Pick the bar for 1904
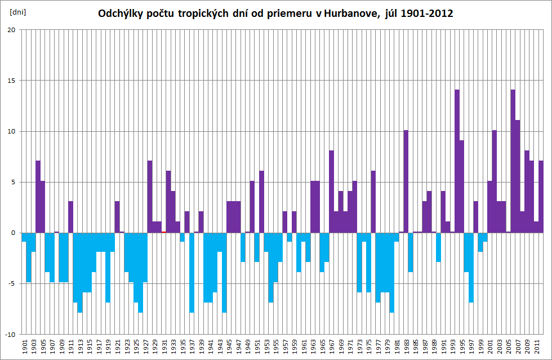coord(38,197)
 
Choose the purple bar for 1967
coord(332,192)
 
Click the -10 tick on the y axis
coord(10,334)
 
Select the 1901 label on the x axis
coord(25,346)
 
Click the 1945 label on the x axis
coord(229,346)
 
